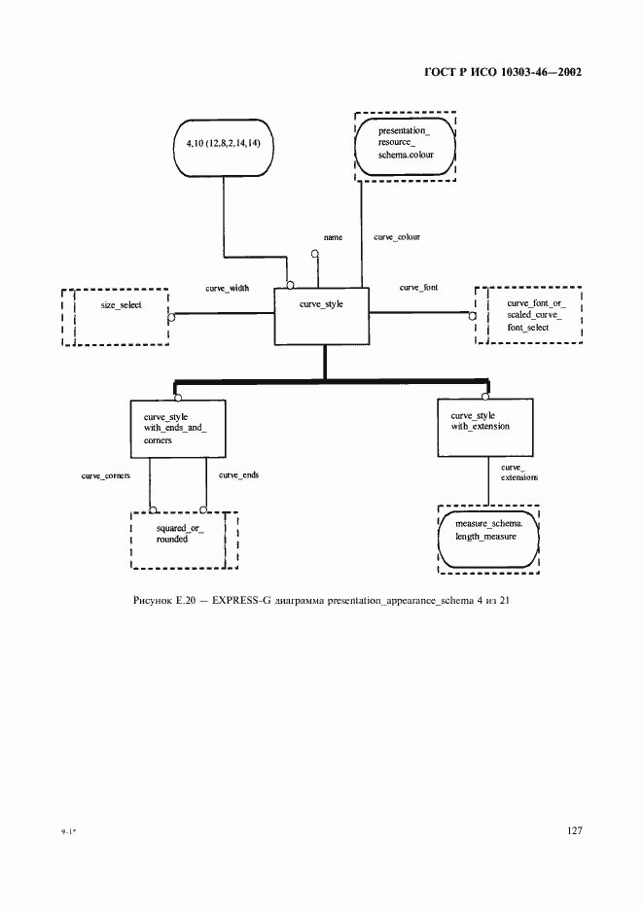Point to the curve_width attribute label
(227, 288)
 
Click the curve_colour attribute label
(397, 237)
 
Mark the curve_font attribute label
(419, 287)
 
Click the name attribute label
(333, 237)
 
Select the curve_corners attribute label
(106, 475)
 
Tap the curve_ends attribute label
(238, 474)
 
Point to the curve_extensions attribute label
(519, 472)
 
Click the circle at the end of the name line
(315, 254)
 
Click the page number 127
(574, 830)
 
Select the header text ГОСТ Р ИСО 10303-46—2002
(503, 73)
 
